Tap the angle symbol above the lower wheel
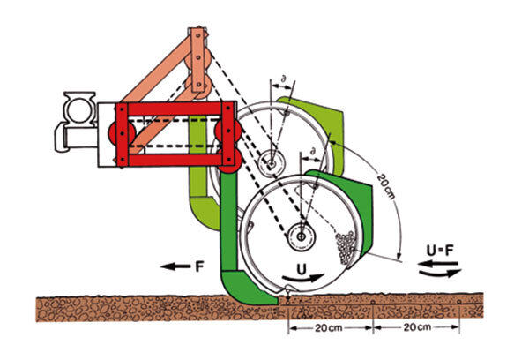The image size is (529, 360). [x=309, y=154]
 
